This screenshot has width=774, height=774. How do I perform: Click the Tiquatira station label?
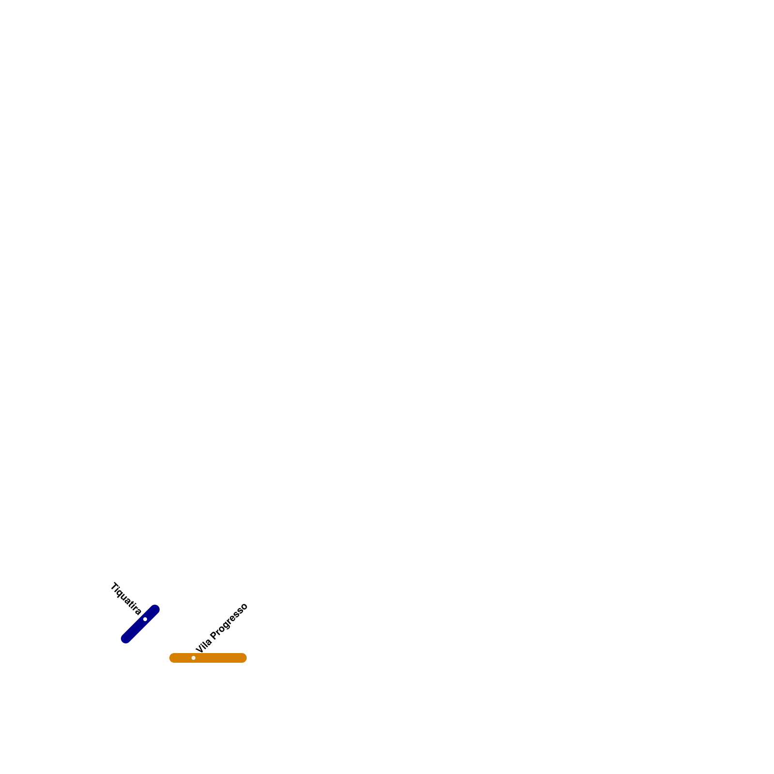(x=126, y=598)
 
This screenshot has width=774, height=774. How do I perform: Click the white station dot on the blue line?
(x=145, y=619)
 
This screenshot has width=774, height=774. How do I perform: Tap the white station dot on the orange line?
(x=193, y=658)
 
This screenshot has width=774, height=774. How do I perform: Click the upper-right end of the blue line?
(x=155, y=610)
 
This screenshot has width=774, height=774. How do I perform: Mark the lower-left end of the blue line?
(x=126, y=639)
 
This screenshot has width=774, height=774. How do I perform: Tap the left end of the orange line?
(x=172, y=658)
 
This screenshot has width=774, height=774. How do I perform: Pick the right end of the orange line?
(x=244, y=658)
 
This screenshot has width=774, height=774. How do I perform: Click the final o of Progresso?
(x=244, y=607)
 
